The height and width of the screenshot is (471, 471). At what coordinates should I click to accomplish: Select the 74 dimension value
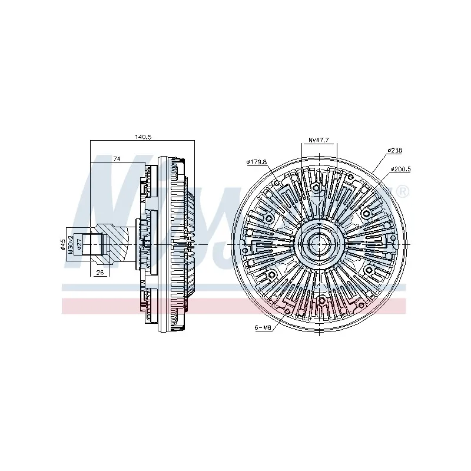pyautogui.click(x=117, y=159)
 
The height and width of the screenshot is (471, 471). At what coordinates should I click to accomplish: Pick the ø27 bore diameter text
pyautogui.click(x=79, y=244)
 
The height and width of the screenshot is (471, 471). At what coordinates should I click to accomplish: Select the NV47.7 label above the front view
pyautogui.click(x=319, y=140)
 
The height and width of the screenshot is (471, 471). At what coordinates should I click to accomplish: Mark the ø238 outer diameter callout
pyautogui.click(x=394, y=150)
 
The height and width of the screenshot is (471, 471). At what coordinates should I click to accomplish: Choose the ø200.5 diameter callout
pyautogui.click(x=400, y=169)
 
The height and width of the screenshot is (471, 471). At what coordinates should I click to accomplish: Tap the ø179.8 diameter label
pyautogui.click(x=257, y=162)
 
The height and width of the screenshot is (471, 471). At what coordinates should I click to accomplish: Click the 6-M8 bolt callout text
pyautogui.click(x=263, y=328)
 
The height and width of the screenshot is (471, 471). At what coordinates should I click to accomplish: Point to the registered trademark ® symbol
pyautogui.click(x=403, y=192)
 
